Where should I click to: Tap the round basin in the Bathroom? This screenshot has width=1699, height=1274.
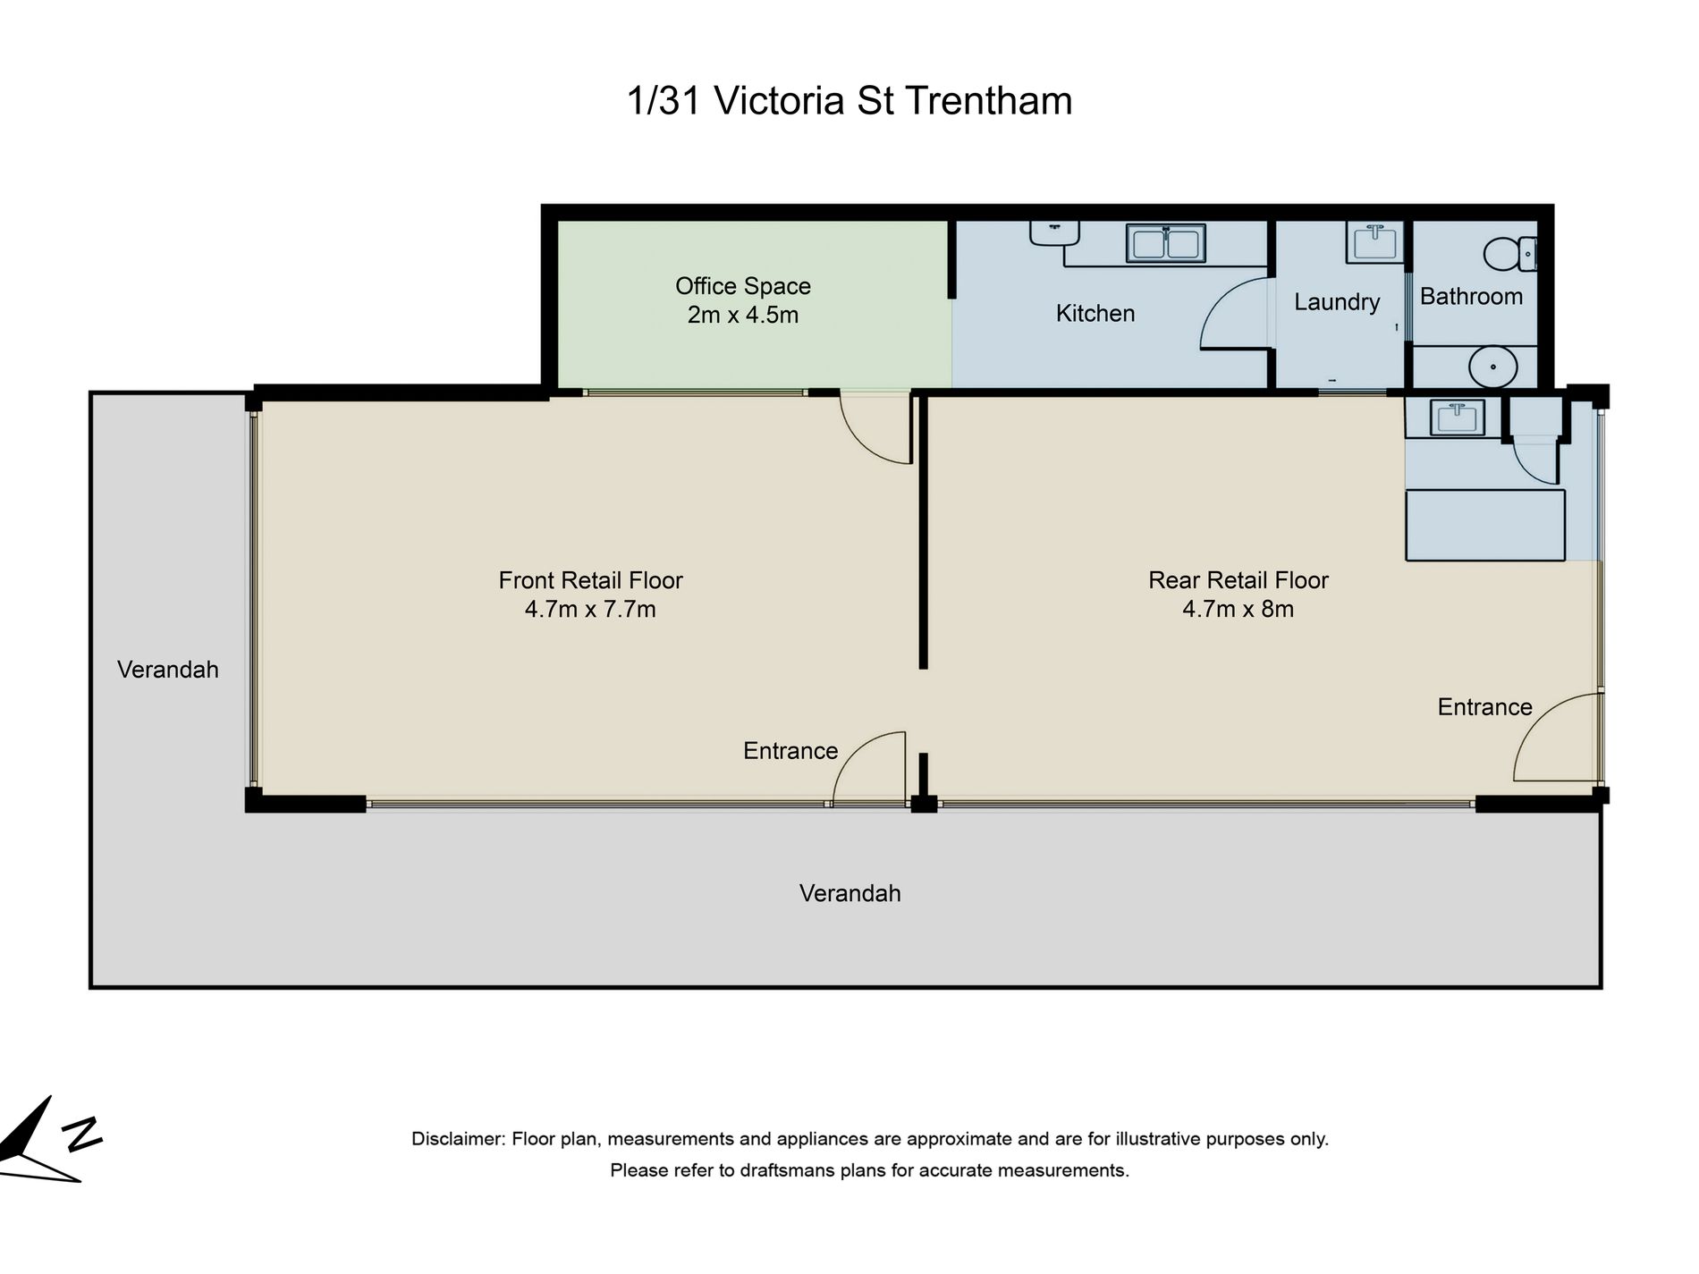click(x=1492, y=367)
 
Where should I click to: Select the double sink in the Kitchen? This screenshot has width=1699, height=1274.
click(x=1165, y=243)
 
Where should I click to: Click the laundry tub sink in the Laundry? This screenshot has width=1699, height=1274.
click(x=1374, y=242)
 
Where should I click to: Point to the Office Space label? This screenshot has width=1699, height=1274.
click(x=742, y=286)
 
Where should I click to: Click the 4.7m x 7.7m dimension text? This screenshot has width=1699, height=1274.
click(x=590, y=610)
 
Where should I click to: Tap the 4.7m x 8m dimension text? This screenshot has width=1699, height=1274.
click(x=1238, y=610)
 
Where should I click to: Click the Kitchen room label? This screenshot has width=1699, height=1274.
click(x=1095, y=314)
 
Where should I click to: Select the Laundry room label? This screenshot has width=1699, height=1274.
click(x=1336, y=302)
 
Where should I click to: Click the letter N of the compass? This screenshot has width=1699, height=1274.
click(x=82, y=1133)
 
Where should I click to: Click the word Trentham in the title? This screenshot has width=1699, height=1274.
click(x=988, y=100)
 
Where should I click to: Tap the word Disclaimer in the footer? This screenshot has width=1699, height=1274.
click(x=458, y=1139)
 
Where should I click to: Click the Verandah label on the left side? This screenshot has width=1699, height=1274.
click(x=167, y=670)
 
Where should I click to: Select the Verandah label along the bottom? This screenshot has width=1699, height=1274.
click(x=849, y=893)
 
